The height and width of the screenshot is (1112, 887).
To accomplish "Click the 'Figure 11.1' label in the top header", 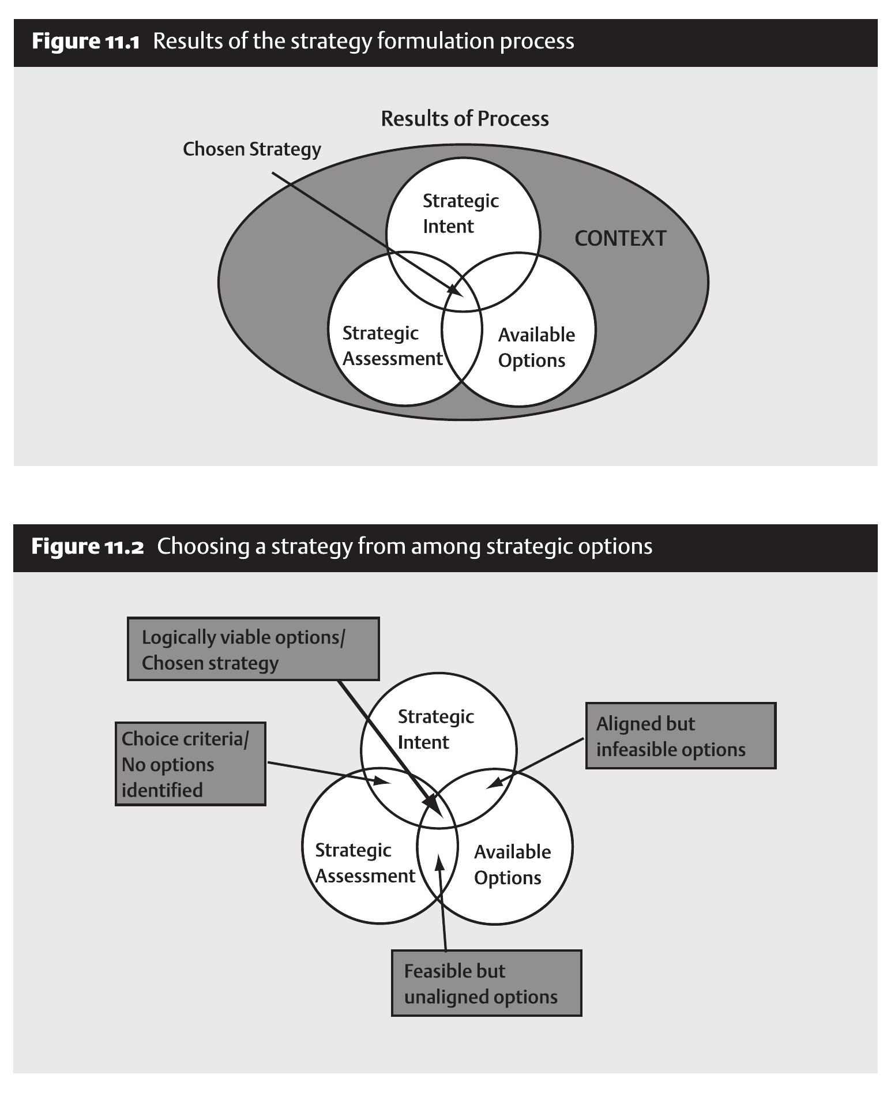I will tap(85, 42).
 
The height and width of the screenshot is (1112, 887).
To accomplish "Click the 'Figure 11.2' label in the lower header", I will tap(87, 546).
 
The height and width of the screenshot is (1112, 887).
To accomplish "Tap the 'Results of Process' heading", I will tap(464, 119).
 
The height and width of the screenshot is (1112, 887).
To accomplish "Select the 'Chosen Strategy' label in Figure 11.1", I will tap(251, 149).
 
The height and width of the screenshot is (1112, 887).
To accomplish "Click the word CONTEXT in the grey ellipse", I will tap(620, 238).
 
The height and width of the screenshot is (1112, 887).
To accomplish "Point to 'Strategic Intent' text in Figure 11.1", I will tap(460, 213).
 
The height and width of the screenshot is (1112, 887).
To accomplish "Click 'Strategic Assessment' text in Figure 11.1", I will tap(392, 346).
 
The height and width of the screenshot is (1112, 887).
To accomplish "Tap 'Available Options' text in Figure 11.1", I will tap(536, 347).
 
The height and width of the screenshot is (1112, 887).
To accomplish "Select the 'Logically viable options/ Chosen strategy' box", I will tap(253, 649).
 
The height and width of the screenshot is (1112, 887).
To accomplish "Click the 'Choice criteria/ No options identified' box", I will tap(190, 764).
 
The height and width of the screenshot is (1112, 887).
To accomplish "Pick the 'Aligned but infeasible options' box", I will tap(681, 736).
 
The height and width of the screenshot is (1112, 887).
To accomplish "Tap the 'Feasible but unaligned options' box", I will tap(486, 984).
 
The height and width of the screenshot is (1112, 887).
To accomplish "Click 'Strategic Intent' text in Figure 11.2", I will tap(435, 729).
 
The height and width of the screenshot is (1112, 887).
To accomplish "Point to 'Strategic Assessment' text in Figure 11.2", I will tap(364, 863).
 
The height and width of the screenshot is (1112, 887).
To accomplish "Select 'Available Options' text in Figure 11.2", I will tap(512, 865).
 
